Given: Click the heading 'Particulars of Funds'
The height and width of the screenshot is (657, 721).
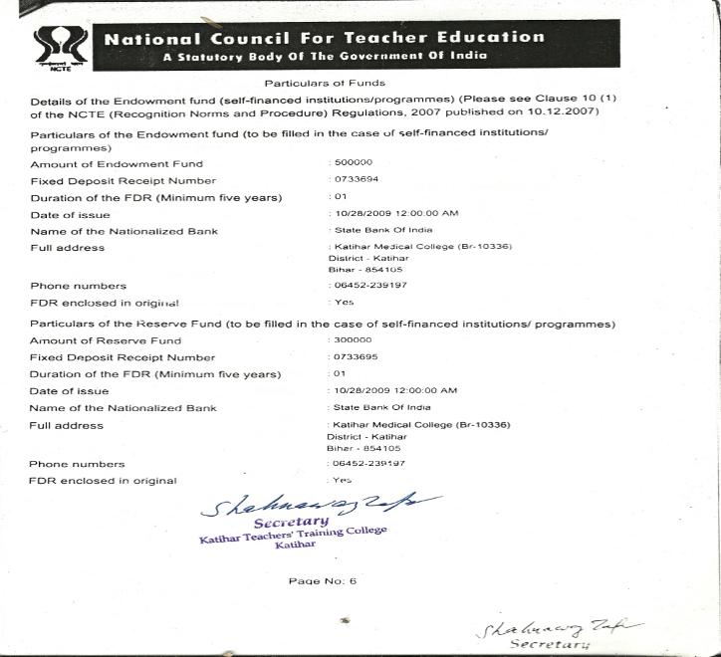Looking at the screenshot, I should (x=324, y=83).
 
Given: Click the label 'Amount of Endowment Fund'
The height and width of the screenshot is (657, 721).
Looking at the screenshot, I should (x=117, y=164).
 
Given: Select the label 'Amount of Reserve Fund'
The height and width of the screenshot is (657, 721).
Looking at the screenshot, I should (x=106, y=340).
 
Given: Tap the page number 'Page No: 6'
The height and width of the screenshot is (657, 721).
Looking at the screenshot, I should (x=323, y=581).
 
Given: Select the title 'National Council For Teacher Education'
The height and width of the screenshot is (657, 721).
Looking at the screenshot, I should (x=325, y=38).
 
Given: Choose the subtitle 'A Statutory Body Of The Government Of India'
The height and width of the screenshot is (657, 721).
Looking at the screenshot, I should (x=325, y=56).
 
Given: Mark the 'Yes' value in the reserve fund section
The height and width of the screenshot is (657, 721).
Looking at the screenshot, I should (x=343, y=480).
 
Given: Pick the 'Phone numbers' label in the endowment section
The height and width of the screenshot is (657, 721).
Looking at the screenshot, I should (x=79, y=286).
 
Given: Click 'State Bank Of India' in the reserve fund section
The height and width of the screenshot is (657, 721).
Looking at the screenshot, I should (x=382, y=407).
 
